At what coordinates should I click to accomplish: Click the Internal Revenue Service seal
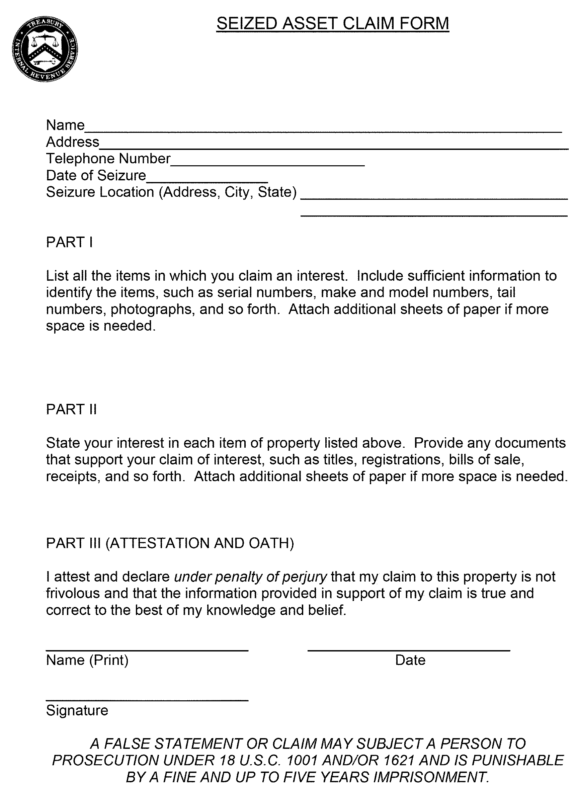[45, 50]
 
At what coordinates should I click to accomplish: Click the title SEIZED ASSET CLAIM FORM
[332, 24]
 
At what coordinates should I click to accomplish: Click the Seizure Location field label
[171, 192]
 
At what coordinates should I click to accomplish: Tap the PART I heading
[69, 242]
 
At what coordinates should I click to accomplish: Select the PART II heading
[71, 410]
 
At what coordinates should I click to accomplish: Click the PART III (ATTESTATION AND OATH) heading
[170, 543]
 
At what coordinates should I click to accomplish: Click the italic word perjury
[304, 577]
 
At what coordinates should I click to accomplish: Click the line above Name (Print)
[147, 650]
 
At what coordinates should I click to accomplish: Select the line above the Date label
[409, 650]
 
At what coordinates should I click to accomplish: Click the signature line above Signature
[147, 700]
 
